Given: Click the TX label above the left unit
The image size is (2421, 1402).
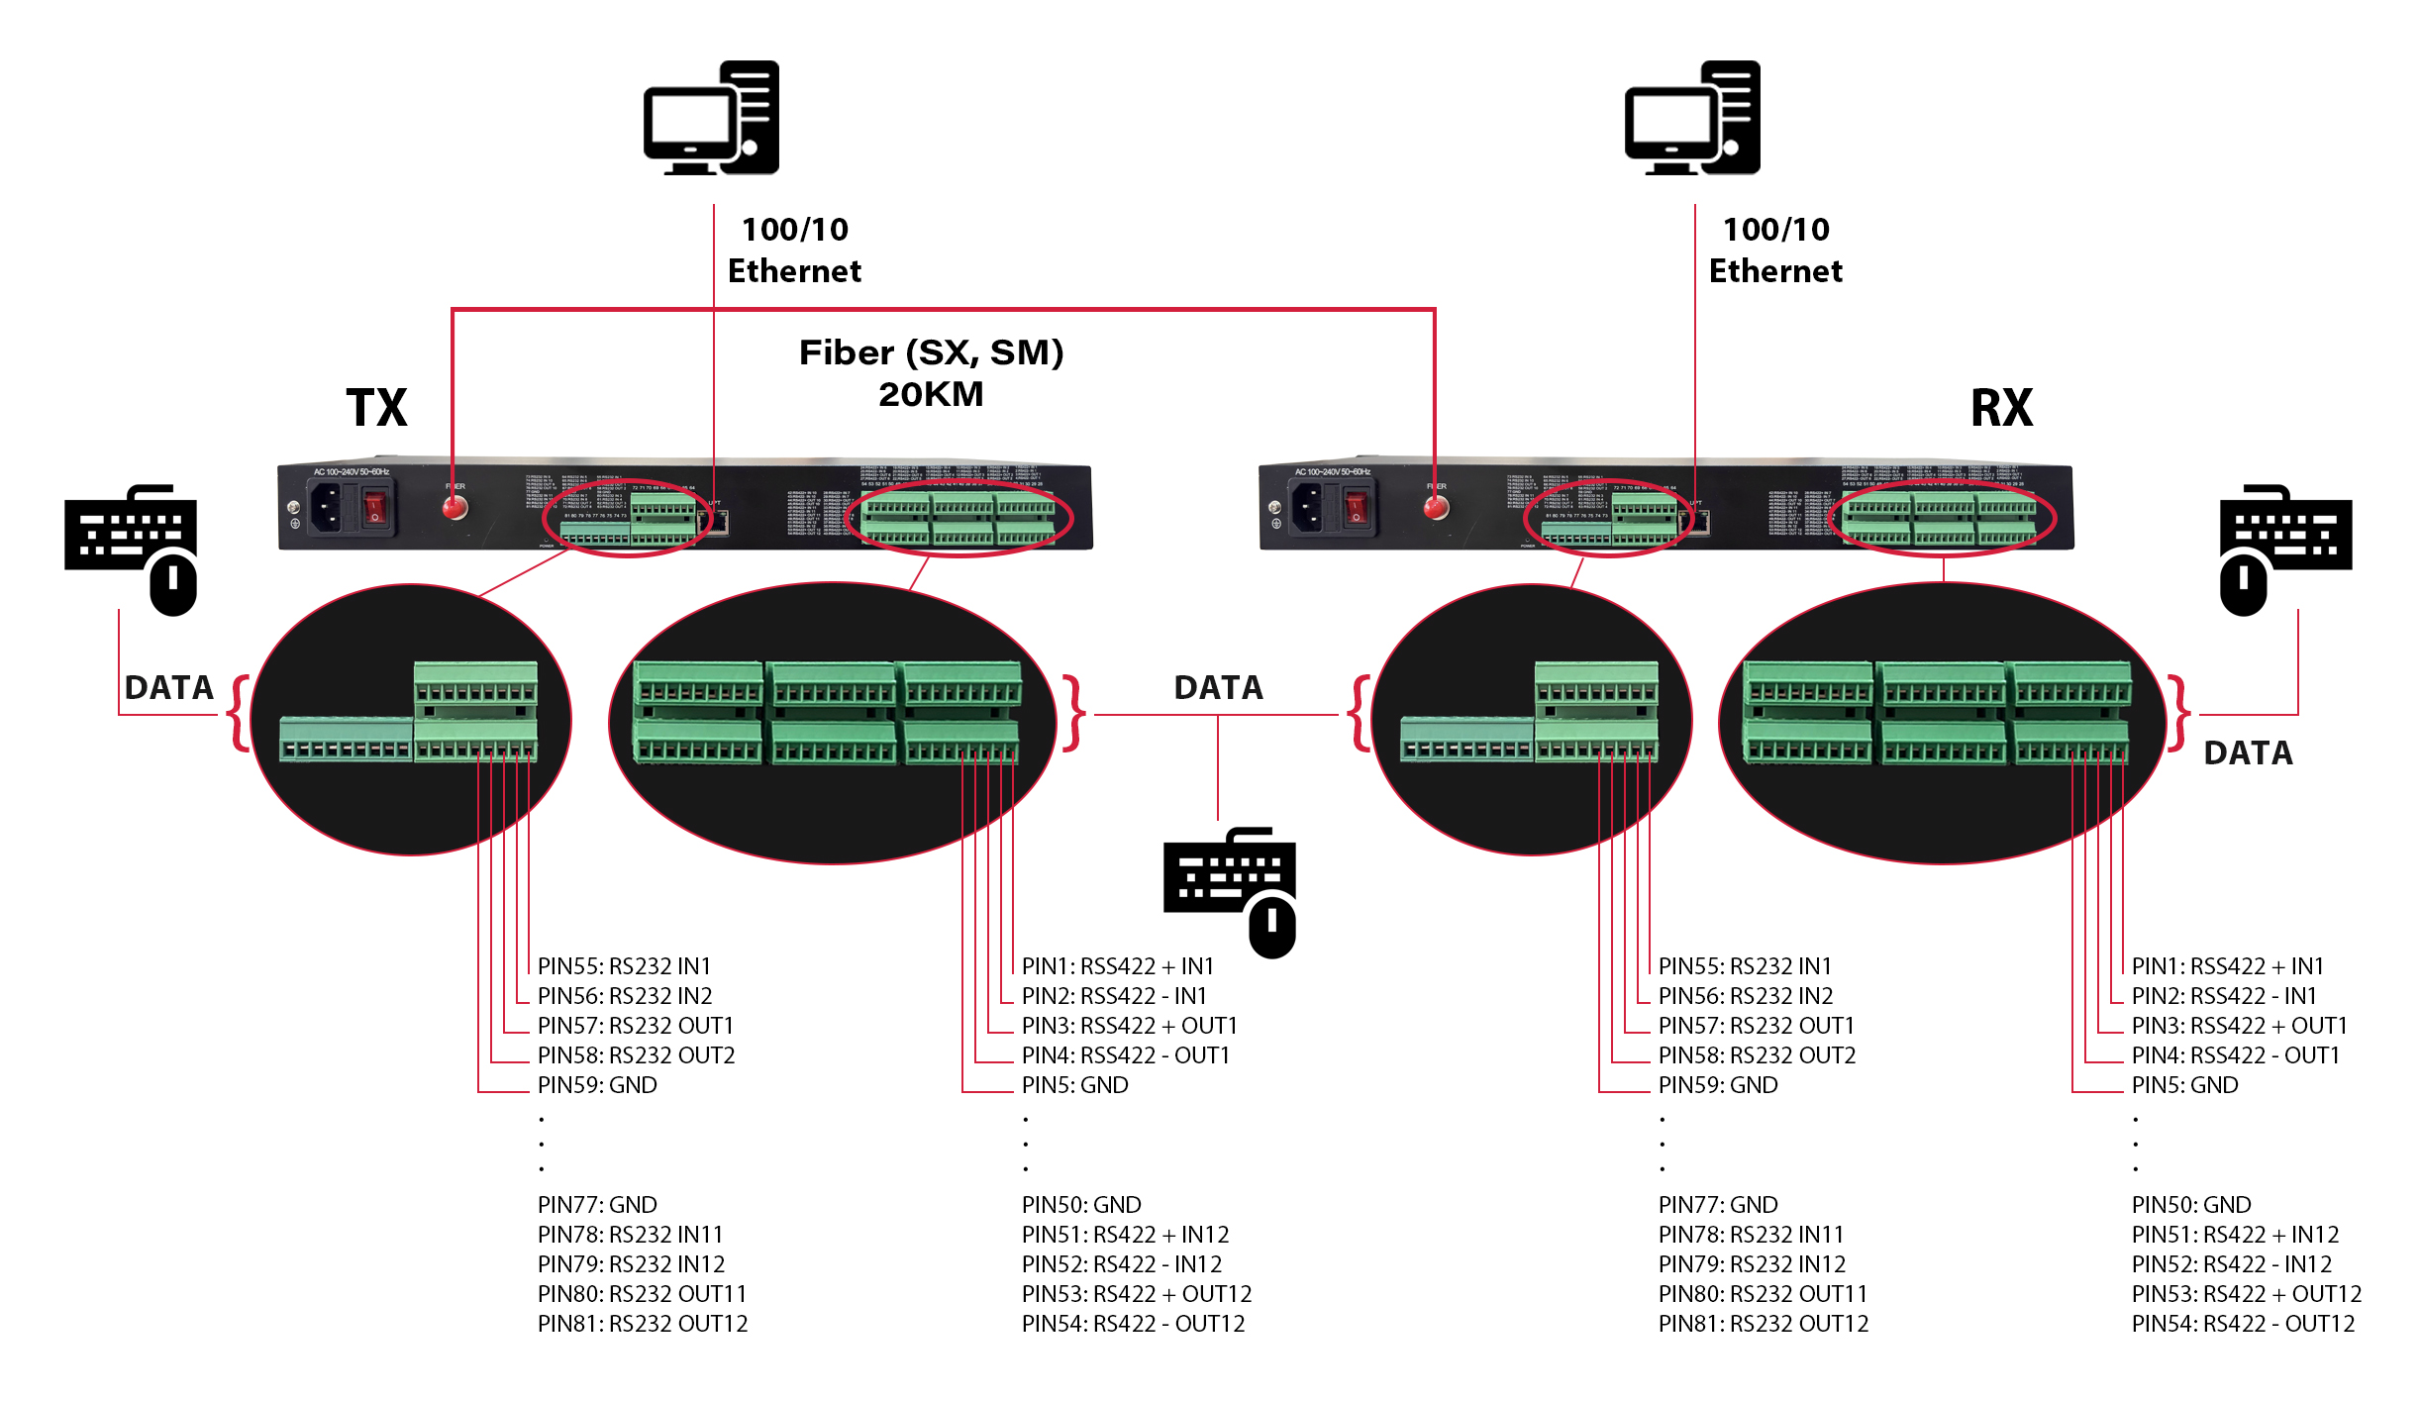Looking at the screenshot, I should [376, 407].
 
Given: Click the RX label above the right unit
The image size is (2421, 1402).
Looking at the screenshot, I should [2001, 407].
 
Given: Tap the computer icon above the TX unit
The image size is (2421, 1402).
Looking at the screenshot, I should [711, 118].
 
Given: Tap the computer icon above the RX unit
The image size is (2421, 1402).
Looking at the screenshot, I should [1692, 118].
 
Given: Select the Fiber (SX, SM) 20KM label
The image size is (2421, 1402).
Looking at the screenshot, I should [931, 372].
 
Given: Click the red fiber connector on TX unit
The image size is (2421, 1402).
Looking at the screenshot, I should [454, 508].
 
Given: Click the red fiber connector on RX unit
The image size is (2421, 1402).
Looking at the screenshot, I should [1436, 508].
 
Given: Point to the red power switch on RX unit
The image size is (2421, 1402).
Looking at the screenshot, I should [1356, 508].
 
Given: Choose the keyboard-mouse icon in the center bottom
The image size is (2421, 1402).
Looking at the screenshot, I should [1230, 891].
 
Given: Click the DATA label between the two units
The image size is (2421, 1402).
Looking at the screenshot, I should [1218, 687].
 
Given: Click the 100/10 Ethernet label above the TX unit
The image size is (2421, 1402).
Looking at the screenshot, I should [794, 250].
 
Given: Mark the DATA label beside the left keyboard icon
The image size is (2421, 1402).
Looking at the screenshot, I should [168, 687].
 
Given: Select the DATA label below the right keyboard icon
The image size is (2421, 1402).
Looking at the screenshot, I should [2248, 752].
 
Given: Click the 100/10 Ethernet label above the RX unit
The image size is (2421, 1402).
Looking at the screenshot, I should [1775, 250].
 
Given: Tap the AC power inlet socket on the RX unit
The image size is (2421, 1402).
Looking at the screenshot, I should [1307, 508].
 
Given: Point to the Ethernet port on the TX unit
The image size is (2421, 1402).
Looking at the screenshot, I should [720, 521].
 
